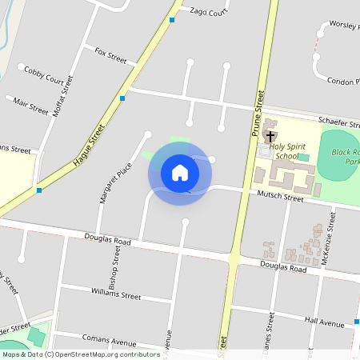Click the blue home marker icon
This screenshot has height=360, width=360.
point(180,172)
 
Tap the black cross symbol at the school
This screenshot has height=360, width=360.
point(271,137)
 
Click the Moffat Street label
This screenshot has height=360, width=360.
point(63,96)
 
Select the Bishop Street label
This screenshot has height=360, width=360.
point(115,266)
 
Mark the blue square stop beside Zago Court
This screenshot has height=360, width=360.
point(172,19)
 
